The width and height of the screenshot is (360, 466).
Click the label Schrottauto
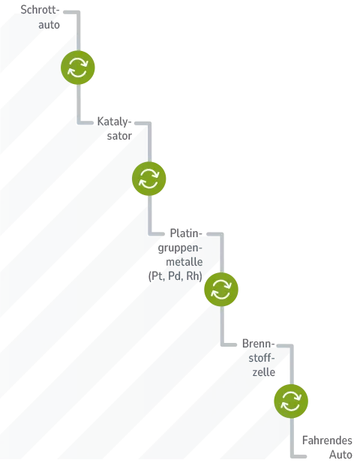(40, 17)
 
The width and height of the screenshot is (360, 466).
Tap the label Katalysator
(114, 128)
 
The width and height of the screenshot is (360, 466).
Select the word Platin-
(186, 233)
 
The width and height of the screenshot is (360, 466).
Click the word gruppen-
(180, 248)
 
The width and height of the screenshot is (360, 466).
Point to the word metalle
(184, 262)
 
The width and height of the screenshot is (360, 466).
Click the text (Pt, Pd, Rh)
(175, 276)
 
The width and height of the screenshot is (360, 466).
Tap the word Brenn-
(258, 344)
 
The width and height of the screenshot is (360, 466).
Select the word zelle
(264, 372)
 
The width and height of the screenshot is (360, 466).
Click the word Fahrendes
(327, 440)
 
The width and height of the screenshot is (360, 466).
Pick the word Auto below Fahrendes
(340, 455)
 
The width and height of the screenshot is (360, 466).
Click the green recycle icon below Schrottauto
(78, 68)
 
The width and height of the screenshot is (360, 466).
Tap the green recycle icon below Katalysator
(148, 179)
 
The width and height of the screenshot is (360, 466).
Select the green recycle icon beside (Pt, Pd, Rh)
(221, 290)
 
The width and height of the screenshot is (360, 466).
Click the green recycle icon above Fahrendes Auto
(291, 401)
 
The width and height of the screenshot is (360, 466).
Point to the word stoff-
(262, 358)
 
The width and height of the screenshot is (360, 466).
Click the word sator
(119, 136)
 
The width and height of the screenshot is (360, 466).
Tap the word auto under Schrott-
(49, 25)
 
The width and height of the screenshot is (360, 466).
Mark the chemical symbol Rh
(194, 276)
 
